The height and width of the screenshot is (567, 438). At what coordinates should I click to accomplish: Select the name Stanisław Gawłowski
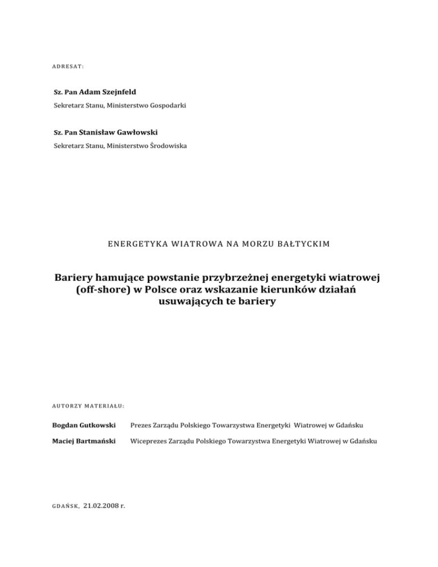[118, 132]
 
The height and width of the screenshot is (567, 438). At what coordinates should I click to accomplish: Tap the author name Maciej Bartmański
[85, 440]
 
